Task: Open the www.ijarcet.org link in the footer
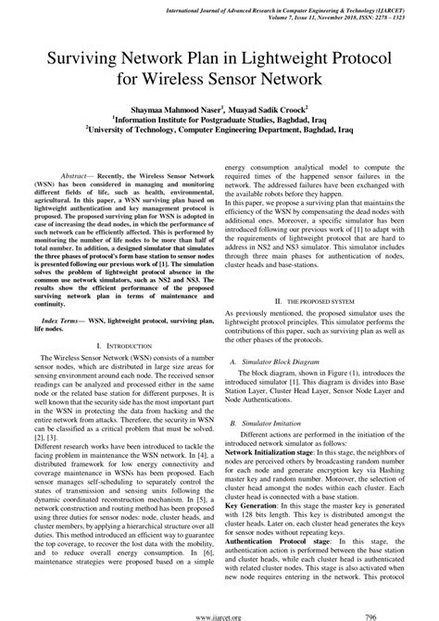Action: [219, 613]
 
